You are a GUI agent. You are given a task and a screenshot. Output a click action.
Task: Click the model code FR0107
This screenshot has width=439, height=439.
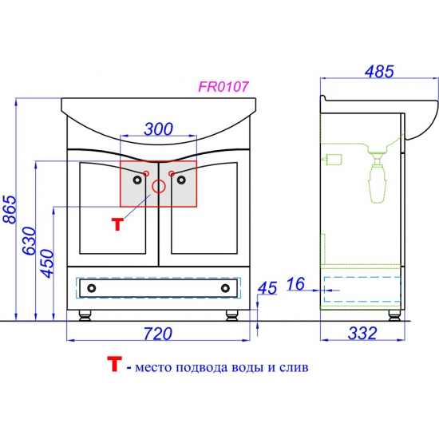coord(223,86)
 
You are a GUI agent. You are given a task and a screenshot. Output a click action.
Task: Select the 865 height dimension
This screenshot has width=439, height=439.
coord(10,209)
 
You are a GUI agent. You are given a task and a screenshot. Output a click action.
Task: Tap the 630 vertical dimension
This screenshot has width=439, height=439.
coord(30,241)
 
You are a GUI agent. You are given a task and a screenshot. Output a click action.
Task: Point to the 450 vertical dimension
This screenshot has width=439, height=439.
coord(46,263)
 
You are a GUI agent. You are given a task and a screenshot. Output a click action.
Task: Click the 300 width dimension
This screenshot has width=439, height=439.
coord(159,129)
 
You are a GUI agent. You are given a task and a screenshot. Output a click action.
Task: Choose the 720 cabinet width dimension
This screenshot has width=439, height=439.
coord(158,334)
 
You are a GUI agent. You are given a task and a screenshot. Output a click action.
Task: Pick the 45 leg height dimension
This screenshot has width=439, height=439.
coord(267,288)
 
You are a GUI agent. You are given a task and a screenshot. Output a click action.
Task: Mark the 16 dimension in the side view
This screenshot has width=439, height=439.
coord(295,283)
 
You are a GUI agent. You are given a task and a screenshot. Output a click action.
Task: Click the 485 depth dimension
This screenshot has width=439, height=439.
coord(379,71)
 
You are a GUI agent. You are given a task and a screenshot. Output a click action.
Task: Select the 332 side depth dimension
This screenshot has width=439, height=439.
coord(362,333)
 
